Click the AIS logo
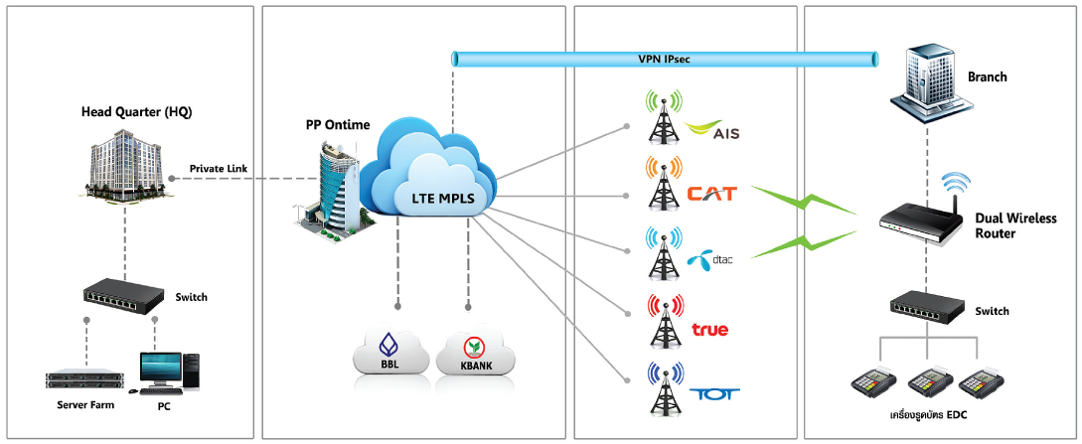pos(712,130)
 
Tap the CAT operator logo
pos(711,193)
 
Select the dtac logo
pos(707,260)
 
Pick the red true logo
pos(710,329)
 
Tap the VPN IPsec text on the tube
pos(664,59)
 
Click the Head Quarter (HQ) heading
pos(136,111)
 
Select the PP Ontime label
pos(338,125)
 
